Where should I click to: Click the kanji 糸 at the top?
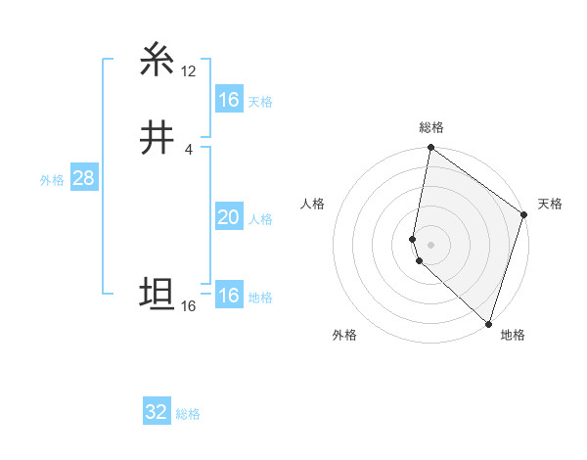pyautogui.click(x=158, y=61)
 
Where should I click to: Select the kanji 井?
pyautogui.click(x=158, y=138)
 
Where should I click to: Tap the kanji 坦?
pyautogui.click(x=158, y=295)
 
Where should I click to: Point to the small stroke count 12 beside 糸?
pyautogui.click(x=188, y=70)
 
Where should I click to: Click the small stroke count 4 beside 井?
pyautogui.click(x=188, y=149)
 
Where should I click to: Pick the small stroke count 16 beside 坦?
pyautogui.click(x=188, y=306)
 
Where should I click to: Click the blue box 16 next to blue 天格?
pyautogui.click(x=228, y=100)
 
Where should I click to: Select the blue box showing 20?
pyautogui.click(x=228, y=218)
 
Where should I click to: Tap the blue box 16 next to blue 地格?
pyautogui.click(x=228, y=296)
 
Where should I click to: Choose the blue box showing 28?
pyautogui.click(x=83, y=179)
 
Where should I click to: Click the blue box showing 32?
pyautogui.click(x=156, y=412)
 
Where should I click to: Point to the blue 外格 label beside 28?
pyautogui.click(x=52, y=180)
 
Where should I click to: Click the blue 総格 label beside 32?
pyautogui.click(x=188, y=414)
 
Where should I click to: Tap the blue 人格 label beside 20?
pyautogui.click(x=260, y=219)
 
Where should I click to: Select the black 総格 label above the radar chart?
pyautogui.click(x=431, y=127)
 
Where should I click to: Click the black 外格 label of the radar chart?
pyautogui.click(x=344, y=335)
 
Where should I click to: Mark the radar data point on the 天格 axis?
pyautogui.click(x=524, y=216)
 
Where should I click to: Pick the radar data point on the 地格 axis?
pyautogui.click(x=488, y=323)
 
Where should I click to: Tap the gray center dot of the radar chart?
pyautogui.click(x=431, y=244)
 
